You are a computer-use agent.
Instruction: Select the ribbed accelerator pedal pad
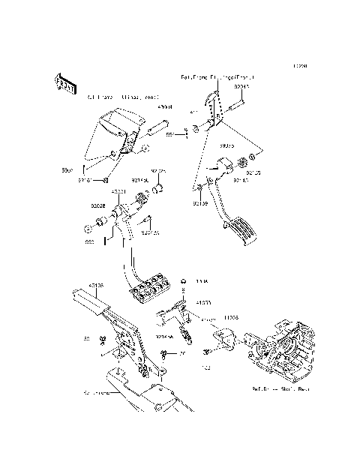pyautogui.click(x=242, y=228)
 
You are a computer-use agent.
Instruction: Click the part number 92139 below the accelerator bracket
pyautogui.click(x=199, y=203)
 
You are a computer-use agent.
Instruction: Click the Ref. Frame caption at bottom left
pyautogui.click(x=98, y=392)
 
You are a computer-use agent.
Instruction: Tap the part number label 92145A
pyautogui.click(x=164, y=337)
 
